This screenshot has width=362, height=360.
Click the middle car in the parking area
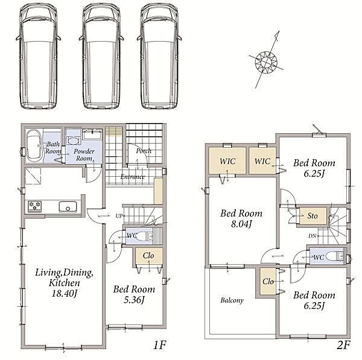tap(101, 56)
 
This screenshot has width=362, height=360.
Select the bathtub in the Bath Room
tap(34, 145)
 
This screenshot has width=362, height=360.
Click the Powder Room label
tap(84, 154)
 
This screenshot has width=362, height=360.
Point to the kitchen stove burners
tap(35, 206)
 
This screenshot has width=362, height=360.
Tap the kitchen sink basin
tap(68, 207)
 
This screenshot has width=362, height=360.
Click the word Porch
tap(144, 151)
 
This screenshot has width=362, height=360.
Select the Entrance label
tap(133, 177)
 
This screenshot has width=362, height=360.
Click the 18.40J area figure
tap(64, 294)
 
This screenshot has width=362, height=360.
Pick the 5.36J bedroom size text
tap(134, 300)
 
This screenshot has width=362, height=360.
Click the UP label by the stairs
tap(119, 216)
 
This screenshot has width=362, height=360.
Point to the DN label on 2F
tap(312, 236)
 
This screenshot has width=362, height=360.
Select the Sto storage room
tap(313, 216)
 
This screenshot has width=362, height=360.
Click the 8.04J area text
tap(241, 224)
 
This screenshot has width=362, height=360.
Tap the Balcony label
tap(232, 300)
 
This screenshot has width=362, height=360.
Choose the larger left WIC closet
tap(227, 160)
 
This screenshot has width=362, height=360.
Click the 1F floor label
tap(159, 345)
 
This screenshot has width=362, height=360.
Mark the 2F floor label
tap(343, 345)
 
